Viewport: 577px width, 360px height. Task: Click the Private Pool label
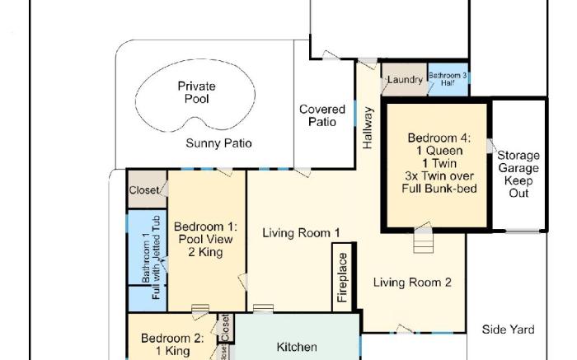(197, 92)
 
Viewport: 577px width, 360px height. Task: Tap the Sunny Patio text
(218, 143)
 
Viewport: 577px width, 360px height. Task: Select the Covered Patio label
(322, 115)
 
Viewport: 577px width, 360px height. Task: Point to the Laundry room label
(405, 80)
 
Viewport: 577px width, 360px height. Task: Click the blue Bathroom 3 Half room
(448, 79)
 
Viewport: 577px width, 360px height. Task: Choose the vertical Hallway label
(368, 128)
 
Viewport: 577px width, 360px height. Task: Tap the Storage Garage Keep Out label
(518, 174)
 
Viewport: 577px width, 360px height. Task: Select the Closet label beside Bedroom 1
(145, 190)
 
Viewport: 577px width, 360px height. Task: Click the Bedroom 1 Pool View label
(205, 239)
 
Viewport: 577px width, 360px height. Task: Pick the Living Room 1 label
(301, 233)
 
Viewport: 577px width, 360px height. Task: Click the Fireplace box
(344, 278)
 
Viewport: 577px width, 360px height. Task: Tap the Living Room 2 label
(412, 283)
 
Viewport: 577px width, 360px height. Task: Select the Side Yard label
(508, 330)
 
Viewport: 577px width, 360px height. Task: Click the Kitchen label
(296, 347)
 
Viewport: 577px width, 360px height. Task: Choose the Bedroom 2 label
(171, 344)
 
